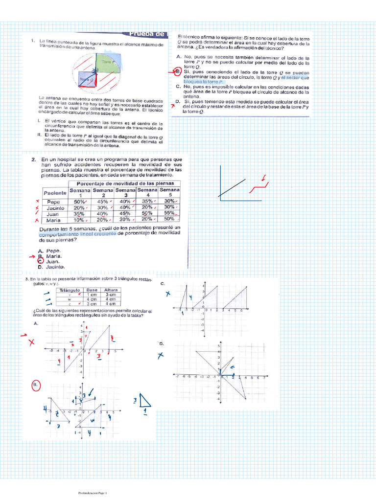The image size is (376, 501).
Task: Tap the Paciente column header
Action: point(55,193)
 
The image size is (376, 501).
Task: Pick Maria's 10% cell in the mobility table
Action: point(79,220)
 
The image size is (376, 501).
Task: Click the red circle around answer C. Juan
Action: point(41,261)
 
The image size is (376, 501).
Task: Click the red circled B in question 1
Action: point(178,72)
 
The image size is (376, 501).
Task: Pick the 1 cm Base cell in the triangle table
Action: point(91,295)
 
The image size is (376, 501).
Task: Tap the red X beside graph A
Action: point(31,342)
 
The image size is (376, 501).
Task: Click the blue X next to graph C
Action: point(168,294)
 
